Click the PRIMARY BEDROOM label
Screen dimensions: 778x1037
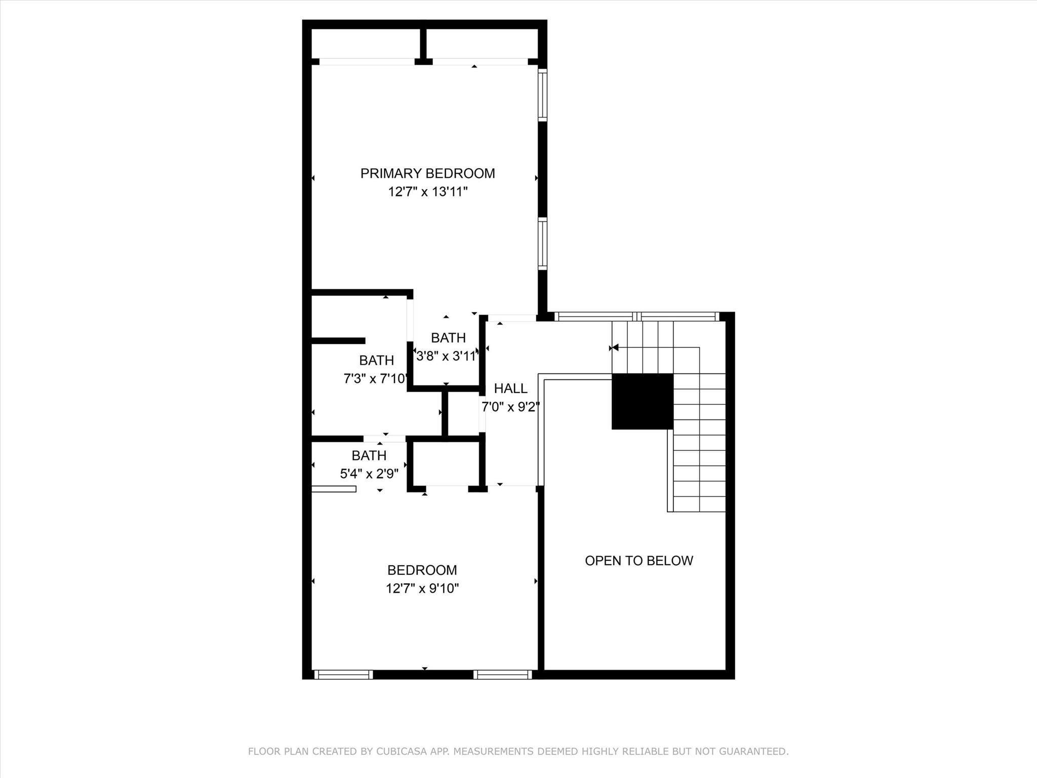427,174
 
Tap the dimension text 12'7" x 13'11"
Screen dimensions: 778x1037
427,192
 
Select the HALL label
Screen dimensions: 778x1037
510,388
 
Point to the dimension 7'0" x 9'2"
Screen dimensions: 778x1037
510,407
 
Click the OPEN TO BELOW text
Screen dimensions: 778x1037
639,561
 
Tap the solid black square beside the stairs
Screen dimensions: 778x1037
642,401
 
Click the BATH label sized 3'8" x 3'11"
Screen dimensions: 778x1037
448,338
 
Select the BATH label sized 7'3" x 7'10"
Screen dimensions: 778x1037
376,361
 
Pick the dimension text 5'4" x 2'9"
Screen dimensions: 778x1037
369,474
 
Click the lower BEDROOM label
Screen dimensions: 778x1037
422,570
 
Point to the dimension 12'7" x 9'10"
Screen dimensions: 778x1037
422,589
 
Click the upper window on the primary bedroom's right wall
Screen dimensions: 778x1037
542,95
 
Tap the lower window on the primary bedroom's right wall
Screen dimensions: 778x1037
542,244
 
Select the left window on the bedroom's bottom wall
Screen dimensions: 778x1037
343,675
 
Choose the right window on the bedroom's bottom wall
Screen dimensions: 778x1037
502,675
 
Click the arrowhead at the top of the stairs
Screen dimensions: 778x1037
615,347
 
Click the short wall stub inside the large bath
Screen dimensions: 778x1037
338,341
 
